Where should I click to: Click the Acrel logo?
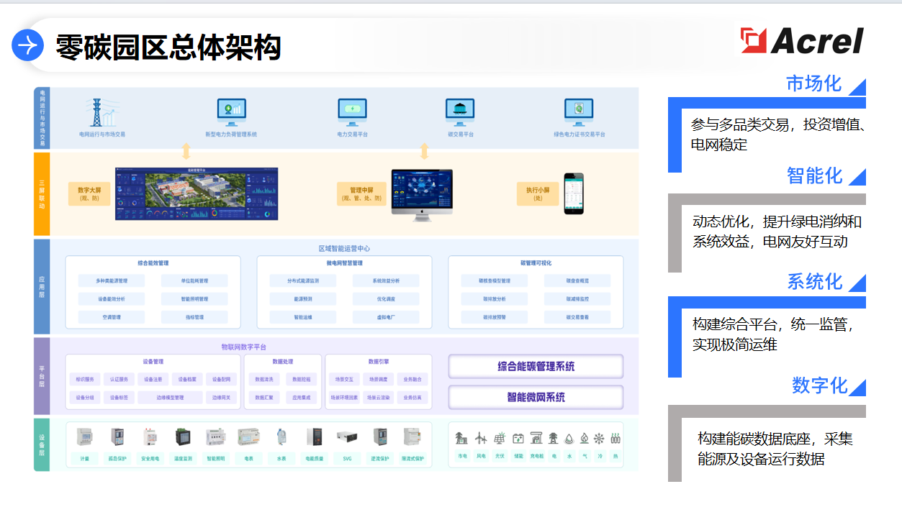pos(803,40)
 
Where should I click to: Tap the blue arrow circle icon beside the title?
pos(28,46)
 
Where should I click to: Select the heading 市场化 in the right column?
pos(813,83)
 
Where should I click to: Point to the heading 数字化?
pos(819,385)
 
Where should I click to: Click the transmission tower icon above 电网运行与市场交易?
pos(96,112)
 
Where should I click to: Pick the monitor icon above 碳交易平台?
pos(460,111)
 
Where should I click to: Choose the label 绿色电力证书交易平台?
pos(579,134)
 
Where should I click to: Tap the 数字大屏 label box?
pos(89,193)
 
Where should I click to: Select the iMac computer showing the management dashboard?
pos(422,193)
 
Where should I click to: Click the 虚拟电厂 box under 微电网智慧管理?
pos(387,317)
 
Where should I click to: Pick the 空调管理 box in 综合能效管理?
pos(112,317)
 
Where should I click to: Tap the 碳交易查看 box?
pos(577,317)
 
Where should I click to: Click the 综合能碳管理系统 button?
pos(536,367)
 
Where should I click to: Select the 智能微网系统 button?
pos(536,397)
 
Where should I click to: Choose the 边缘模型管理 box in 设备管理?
pos(170,398)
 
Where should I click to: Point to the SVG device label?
pos(347,458)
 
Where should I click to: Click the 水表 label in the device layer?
pos(281,458)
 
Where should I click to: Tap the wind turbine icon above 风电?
pos(480,438)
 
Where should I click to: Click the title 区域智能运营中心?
pos(344,249)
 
